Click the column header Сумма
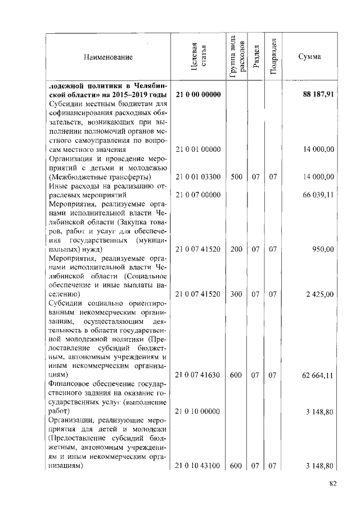[309, 57]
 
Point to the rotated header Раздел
[255, 57]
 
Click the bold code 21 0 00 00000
[197, 94]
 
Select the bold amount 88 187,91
[318, 94]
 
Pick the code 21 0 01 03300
[197, 177]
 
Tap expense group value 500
[236, 177]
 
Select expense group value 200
[236, 249]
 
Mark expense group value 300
[236, 294]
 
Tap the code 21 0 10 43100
[197, 466]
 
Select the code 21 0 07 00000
[197, 195]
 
